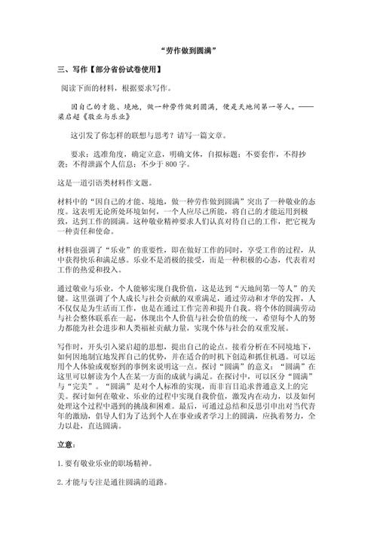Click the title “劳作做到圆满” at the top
[188, 51]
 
